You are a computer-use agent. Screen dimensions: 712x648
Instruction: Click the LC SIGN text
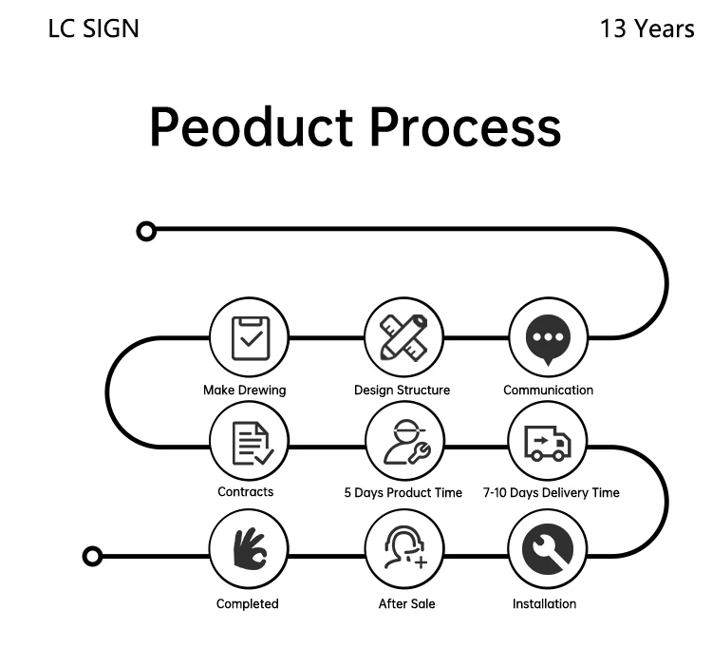[x=93, y=29]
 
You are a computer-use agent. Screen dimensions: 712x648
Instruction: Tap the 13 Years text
[x=646, y=29]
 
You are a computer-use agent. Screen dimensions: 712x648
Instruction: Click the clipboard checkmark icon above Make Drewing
[x=249, y=337]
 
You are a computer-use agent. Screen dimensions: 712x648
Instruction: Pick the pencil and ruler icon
[x=403, y=337]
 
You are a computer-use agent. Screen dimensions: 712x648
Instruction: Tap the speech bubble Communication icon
[x=548, y=339]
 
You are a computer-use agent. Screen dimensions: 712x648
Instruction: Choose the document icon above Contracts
[x=249, y=442]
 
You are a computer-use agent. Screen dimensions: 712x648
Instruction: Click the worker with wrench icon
[x=403, y=442]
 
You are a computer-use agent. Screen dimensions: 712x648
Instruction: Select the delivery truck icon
[x=548, y=442]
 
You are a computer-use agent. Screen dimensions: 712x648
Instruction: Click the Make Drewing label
[x=244, y=390]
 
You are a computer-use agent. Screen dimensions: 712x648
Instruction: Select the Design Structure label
[x=402, y=390]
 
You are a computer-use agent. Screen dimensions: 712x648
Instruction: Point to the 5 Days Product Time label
[x=403, y=492]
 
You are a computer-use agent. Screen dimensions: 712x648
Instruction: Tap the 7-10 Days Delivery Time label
[x=551, y=492]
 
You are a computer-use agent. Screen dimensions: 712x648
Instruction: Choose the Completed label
[x=247, y=603]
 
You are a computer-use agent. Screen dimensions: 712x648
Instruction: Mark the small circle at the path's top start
[x=145, y=230]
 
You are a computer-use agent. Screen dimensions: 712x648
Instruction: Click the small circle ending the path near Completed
[x=92, y=556]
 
